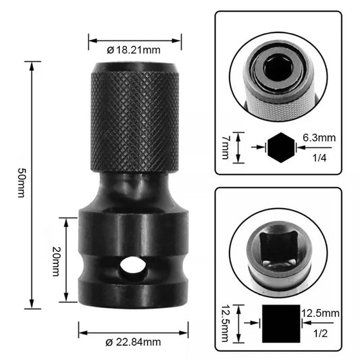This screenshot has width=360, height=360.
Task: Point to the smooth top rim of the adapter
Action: (134, 68)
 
